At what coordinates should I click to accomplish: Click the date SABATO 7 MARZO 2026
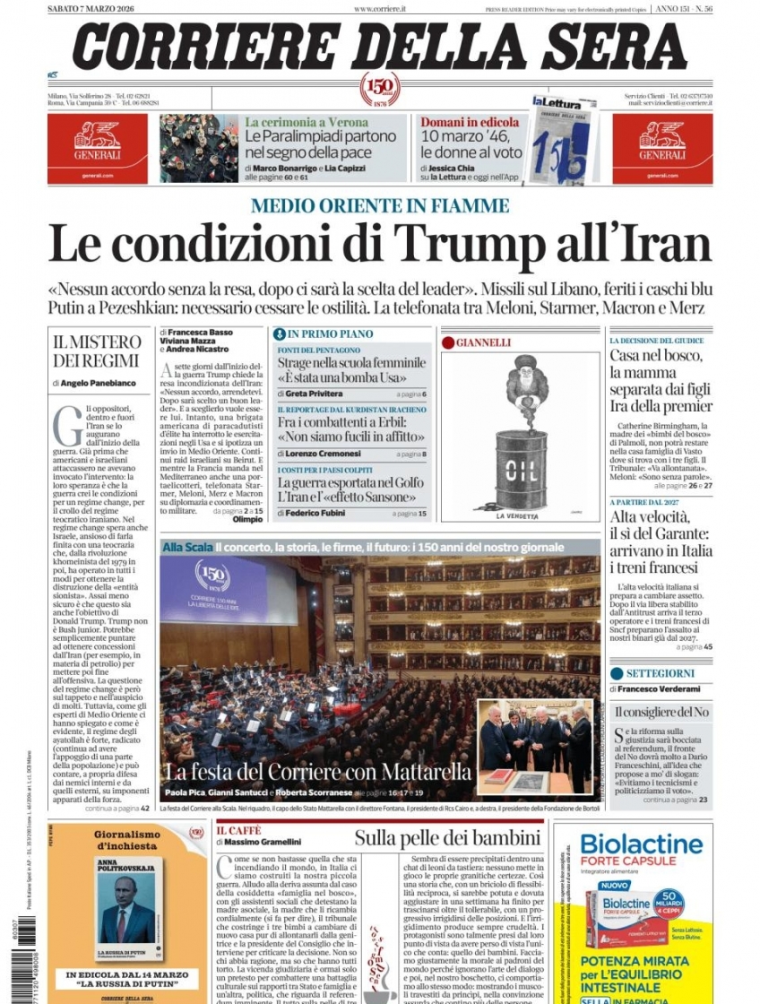coord(92,9)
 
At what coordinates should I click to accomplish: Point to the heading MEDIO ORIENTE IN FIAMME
coord(379,205)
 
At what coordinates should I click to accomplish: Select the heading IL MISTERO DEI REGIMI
coord(97,351)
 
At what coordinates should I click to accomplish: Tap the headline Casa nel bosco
coord(657,356)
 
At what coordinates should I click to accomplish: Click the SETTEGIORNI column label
coord(660,672)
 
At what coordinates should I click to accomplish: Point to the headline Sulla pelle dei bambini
coord(447,838)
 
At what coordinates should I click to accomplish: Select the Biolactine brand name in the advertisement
coord(641,844)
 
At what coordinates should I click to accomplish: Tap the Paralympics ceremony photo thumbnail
coord(199,148)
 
